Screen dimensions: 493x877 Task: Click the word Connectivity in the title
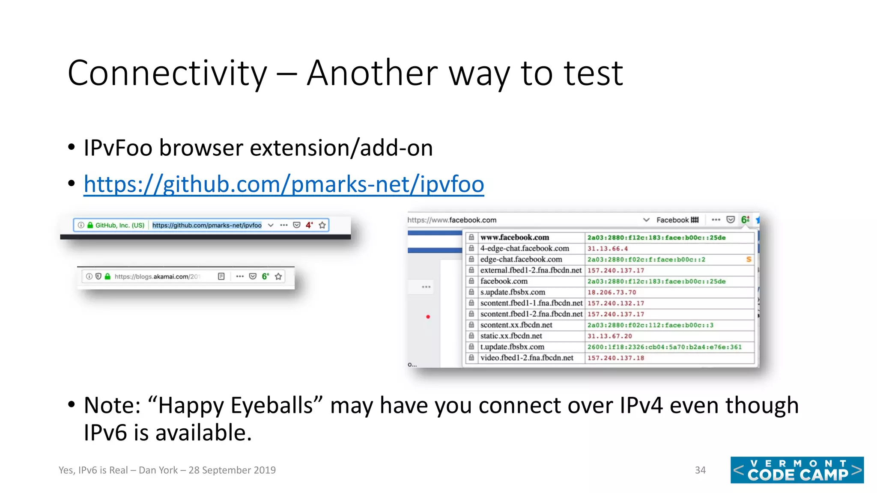(x=167, y=74)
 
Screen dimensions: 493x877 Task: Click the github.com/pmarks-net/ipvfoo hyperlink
(x=283, y=184)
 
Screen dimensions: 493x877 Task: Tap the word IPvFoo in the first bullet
(x=118, y=148)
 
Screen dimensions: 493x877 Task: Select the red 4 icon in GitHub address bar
(x=309, y=225)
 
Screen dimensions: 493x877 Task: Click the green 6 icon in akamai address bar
(x=265, y=276)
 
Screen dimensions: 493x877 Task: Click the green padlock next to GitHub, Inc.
(x=90, y=225)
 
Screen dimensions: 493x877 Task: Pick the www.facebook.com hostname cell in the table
(x=514, y=238)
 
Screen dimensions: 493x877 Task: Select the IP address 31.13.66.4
(x=607, y=249)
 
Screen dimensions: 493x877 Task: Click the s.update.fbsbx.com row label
(x=513, y=292)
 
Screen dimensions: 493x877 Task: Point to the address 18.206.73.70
(x=612, y=292)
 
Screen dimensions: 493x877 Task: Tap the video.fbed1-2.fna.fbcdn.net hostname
(x=526, y=358)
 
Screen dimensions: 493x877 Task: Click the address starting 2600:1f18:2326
(x=664, y=347)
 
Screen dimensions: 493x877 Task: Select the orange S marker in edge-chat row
(x=749, y=259)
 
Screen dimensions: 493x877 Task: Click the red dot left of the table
(x=428, y=317)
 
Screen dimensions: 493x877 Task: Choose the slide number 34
(x=700, y=470)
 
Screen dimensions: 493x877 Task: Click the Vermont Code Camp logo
(x=797, y=470)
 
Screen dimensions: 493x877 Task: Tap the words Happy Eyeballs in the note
(x=235, y=405)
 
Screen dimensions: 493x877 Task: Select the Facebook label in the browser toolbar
(x=672, y=220)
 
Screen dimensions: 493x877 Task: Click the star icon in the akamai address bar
(x=278, y=276)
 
